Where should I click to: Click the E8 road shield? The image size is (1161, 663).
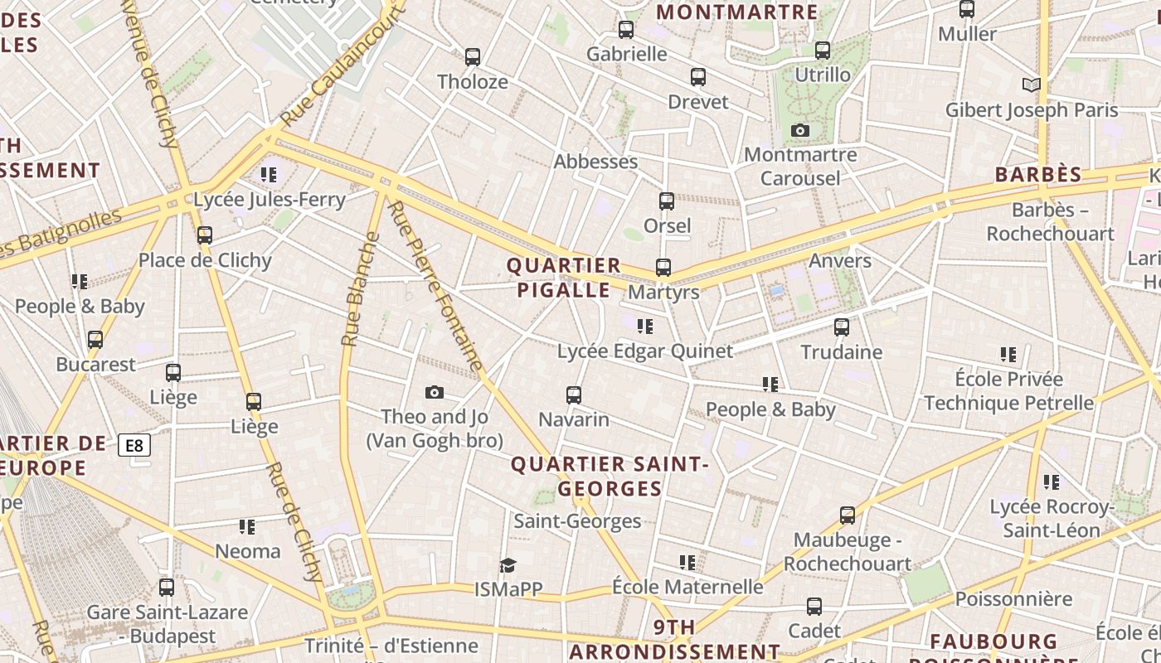pyautogui.click(x=134, y=445)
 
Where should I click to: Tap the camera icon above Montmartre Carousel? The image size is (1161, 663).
pyautogui.click(x=800, y=130)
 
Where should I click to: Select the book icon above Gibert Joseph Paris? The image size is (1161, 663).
pyautogui.click(x=1031, y=85)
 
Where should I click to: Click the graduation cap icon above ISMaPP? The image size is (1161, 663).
pyautogui.click(x=508, y=565)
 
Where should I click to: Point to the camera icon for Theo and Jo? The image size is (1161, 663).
pyautogui.click(x=435, y=392)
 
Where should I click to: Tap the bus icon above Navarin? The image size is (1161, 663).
pyautogui.click(x=574, y=395)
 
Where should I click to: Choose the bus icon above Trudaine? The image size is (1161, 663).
pyautogui.click(x=842, y=327)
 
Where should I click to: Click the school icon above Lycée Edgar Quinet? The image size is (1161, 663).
pyautogui.click(x=644, y=327)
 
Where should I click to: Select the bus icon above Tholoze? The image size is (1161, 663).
pyautogui.click(x=473, y=57)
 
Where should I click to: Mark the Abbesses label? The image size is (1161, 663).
pyautogui.click(x=595, y=162)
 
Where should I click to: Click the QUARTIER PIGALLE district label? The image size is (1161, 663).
pyautogui.click(x=564, y=278)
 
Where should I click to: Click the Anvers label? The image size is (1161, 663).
pyautogui.click(x=840, y=261)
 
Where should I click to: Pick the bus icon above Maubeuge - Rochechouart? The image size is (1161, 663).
pyautogui.click(x=848, y=515)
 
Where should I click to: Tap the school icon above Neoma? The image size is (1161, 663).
pyautogui.click(x=247, y=526)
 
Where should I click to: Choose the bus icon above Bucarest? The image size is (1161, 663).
pyautogui.click(x=95, y=340)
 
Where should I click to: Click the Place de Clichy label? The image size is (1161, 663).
pyautogui.click(x=205, y=260)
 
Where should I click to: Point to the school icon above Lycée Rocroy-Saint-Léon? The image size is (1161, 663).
pyautogui.click(x=1052, y=482)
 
